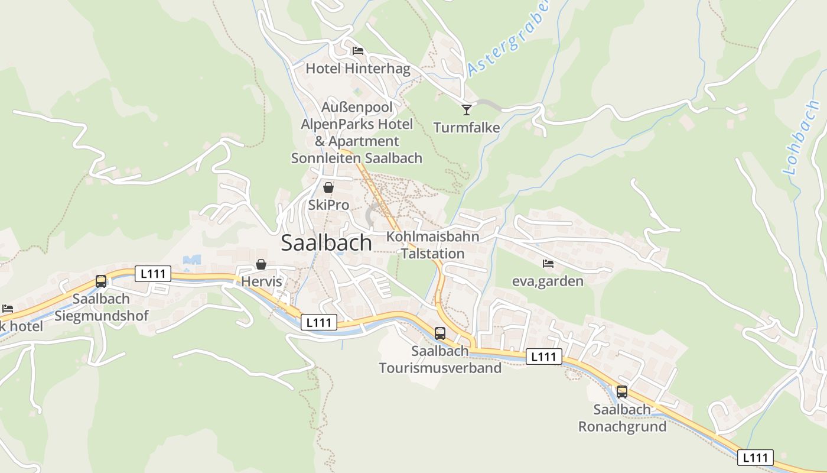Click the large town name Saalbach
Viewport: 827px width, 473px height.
tap(326, 243)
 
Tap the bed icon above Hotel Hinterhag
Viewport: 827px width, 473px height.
tap(357, 51)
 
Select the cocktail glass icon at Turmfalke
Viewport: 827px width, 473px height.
tap(467, 109)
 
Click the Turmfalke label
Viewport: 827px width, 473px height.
tap(467, 128)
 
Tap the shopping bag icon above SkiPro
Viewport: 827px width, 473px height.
tap(328, 187)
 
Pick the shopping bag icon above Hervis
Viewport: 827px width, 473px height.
tap(261, 264)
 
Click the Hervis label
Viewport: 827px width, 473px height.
tap(262, 281)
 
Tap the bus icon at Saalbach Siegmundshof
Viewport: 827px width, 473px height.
tap(101, 281)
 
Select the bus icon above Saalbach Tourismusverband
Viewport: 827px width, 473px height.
tap(440, 333)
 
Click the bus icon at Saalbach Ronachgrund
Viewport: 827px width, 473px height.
tap(622, 391)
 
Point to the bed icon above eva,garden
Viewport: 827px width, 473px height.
tap(548, 263)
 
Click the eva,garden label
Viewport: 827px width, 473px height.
tap(548, 281)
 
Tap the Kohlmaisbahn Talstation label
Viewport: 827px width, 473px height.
tap(432, 245)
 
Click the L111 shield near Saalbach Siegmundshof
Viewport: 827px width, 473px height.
tap(153, 274)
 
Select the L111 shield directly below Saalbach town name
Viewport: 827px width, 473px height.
tap(319, 322)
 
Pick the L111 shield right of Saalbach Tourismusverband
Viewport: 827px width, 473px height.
tap(543, 357)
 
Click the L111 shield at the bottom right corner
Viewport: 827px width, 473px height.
tap(755, 457)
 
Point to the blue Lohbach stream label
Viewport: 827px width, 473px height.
tap(800, 138)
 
